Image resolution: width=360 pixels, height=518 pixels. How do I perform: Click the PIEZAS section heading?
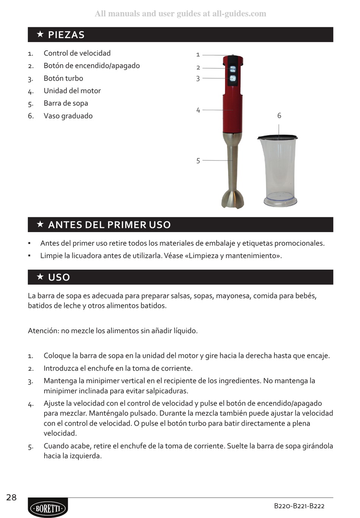click(x=66, y=35)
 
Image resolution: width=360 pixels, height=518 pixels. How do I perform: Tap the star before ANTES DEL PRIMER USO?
click(x=40, y=224)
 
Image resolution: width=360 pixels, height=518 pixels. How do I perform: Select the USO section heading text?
click(x=59, y=277)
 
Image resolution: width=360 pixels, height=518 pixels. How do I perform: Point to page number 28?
click(x=11, y=498)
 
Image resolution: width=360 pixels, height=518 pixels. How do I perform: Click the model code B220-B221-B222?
click(x=299, y=506)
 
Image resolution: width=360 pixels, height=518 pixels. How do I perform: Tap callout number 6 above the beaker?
click(x=279, y=115)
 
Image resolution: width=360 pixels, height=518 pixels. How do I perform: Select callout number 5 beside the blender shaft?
click(x=198, y=161)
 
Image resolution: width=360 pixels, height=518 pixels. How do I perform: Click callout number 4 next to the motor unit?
click(x=198, y=110)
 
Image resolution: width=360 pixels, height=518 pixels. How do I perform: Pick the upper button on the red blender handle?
click(x=233, y=69)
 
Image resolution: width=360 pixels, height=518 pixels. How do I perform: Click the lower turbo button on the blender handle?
click(x=233, y=78)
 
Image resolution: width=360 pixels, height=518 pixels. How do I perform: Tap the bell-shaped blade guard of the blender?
click(x=233, y=199)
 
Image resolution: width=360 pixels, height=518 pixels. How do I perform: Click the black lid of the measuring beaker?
click(x=277, y=137)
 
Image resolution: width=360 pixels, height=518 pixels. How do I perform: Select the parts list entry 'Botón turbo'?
click(x=63, y=78)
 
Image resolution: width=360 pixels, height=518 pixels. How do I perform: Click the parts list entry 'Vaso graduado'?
click(x=68, y=116)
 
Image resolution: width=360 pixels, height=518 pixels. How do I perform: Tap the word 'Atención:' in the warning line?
click(x=44, y=331)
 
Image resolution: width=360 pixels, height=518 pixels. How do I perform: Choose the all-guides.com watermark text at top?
click(x=180, y=14)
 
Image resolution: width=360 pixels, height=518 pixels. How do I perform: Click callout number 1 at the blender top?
click(x=198, y=55)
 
